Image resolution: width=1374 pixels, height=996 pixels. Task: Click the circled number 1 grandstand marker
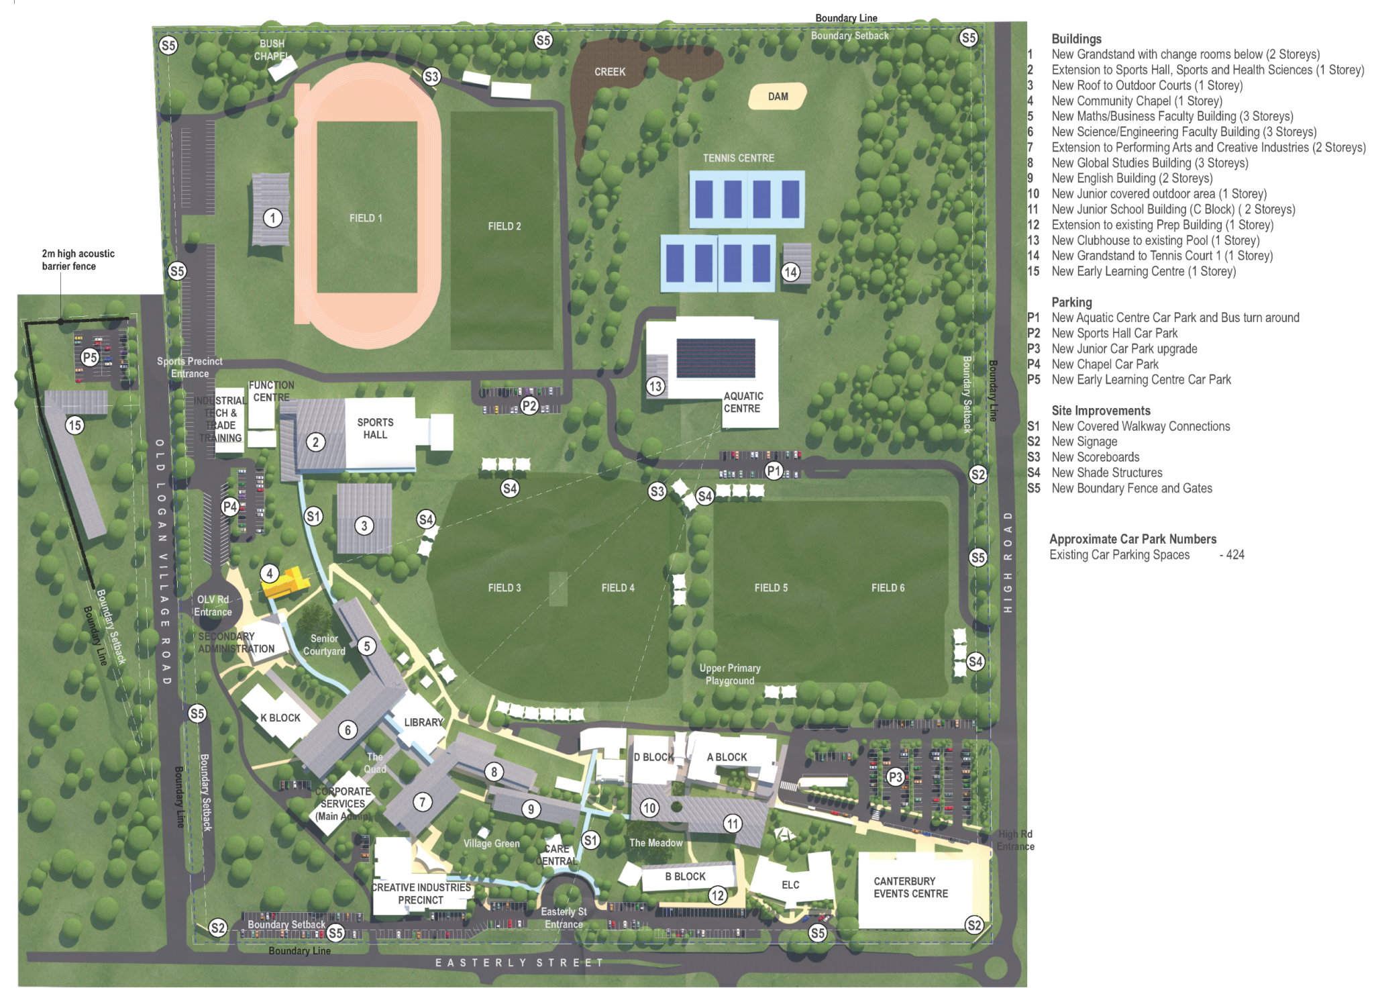coord(272,218)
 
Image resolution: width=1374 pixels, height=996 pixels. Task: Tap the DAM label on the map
coord(778,97)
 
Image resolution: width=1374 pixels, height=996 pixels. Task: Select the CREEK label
coord(609,72)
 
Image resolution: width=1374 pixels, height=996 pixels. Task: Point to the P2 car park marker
coord(529,405)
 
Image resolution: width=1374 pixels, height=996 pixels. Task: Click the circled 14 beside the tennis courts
coord(790,272)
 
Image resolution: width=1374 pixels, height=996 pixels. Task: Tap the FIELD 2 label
coord(504,226)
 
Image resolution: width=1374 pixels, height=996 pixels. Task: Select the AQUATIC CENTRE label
coord(742,402)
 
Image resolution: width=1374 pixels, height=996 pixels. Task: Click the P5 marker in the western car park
coord(90,357)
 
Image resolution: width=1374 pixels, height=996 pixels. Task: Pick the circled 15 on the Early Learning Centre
coord(74,425)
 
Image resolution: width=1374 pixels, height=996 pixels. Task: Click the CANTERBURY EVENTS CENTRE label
coord(910,887)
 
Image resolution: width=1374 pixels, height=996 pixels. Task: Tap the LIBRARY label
coord(423,722)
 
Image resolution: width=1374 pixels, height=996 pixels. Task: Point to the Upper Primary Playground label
coord(730,675)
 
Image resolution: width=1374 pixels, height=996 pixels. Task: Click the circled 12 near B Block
coord(718,895)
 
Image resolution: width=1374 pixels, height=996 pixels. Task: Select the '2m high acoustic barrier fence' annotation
coord(78,260)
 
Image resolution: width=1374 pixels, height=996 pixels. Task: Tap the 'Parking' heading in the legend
coord(1071,302)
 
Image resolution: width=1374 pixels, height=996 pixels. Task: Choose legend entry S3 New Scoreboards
coord(1095,457)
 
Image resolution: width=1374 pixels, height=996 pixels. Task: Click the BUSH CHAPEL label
coord(272,50)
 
